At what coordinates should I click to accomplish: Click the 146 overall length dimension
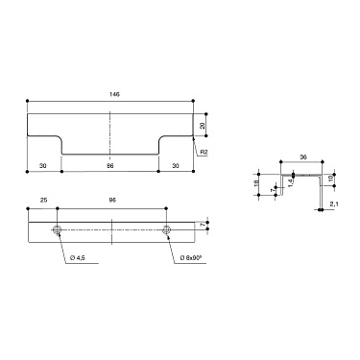(x=113, y=95)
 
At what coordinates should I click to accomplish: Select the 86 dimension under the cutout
(x=110, y=166)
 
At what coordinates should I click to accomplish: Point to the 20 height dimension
(x=204, y=125)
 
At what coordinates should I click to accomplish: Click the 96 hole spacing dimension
(x=112, y=201)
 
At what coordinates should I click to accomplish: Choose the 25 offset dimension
(x=43, y=201)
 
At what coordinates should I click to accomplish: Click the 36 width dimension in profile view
(x=303, y=156)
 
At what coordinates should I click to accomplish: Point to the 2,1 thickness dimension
(x=332, y=204)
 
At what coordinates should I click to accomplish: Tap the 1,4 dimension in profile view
(x=291, y=181)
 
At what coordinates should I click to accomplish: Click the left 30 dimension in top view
(x=44, y=166)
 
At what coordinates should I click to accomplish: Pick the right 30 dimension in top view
(x=175, y=166)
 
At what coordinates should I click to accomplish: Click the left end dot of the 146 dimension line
(x=28, y=101)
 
